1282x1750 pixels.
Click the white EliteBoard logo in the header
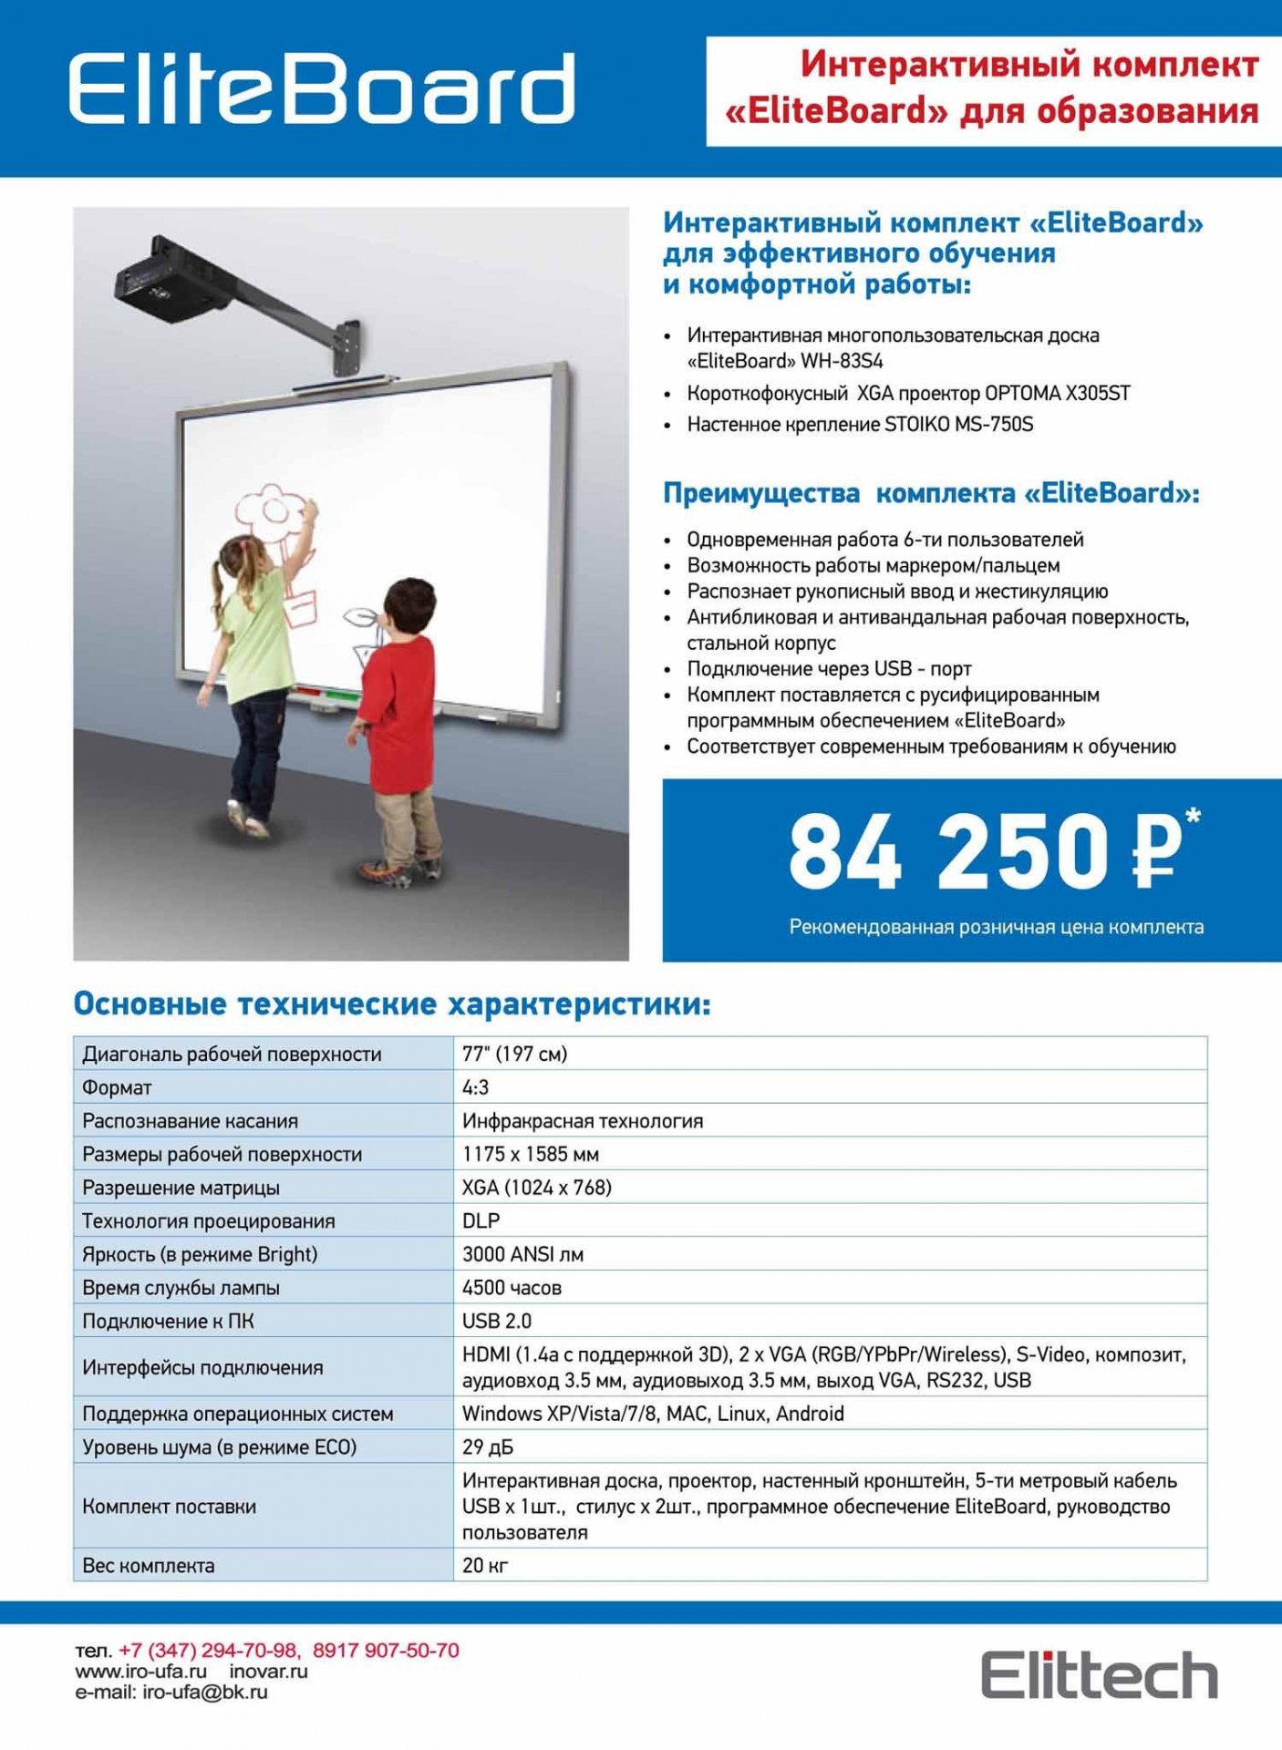click(322, 88)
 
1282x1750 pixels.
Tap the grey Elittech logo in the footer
click(1099, 1674)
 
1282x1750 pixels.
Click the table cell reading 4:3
click(475, 1087)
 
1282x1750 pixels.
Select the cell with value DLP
click(481, 1220)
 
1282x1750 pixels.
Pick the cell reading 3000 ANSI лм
click(522, 1254)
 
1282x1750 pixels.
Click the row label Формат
click(117, 1087)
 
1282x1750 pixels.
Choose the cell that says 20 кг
click(484, 1565)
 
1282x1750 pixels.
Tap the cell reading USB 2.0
click(496, 1321)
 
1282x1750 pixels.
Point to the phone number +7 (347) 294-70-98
click(209, 1651)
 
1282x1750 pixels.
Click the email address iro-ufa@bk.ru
click(205, 1693)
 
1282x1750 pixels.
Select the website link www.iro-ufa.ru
click(141, 1672)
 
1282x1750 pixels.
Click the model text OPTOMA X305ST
click(1057, 393)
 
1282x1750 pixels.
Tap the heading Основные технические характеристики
click(391, 1004)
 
